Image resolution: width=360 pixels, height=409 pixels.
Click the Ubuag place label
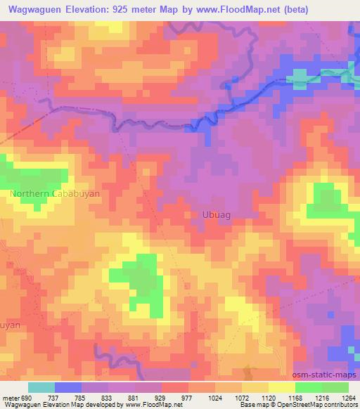coord(215,214)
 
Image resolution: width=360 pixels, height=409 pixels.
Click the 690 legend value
coord(27,397)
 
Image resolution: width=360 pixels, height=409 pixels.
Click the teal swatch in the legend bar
coord(41,387)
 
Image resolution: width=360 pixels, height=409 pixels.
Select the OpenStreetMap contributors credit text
coord(319,405)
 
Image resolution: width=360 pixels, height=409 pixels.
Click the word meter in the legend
coord(11,397)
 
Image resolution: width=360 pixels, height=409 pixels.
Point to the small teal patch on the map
coord(300,74)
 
